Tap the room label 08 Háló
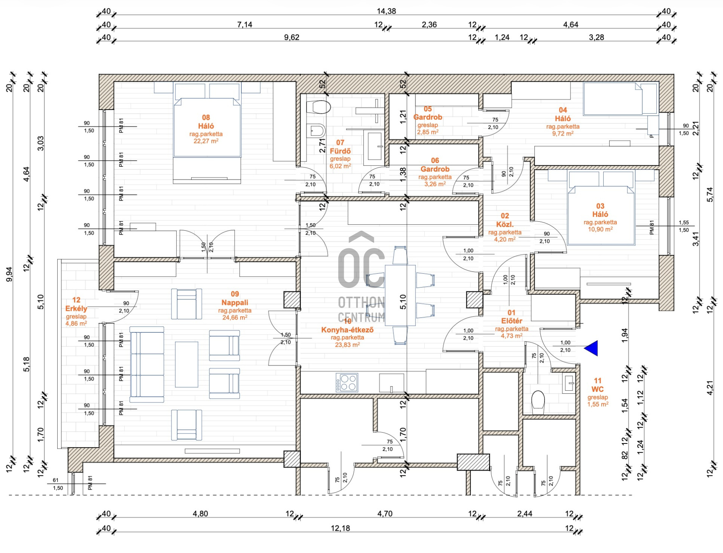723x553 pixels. [206, 122]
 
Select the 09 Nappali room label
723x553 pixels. [235, 298]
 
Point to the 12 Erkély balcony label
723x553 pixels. [76, 304]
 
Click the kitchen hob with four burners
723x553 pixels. [347, 382]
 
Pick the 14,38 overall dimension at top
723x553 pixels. [386, 11]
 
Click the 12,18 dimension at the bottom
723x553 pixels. [340, 528]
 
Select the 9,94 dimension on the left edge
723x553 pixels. [9, 274]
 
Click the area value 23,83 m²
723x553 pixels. [347, 344]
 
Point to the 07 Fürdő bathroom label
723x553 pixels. [340, 147]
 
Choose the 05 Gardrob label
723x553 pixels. [428, 113]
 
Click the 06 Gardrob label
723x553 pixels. [435, 165]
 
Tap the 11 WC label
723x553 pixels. [598, 385]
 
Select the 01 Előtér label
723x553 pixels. [511, 317]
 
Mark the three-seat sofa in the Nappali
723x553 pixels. [147, 364]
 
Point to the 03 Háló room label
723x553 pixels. [600, 210]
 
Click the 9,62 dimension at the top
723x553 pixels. [291, 37]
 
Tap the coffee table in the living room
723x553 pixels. [186, 364]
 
